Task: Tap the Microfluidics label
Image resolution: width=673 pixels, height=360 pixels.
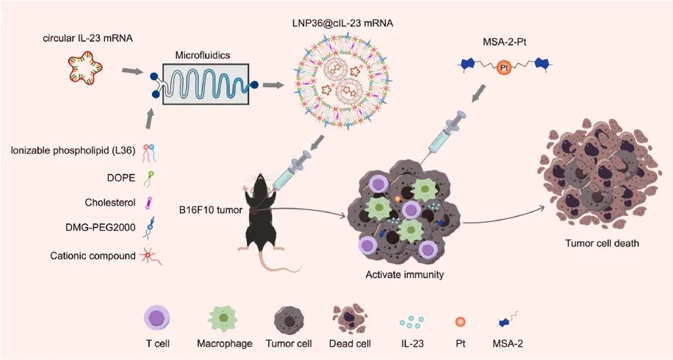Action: (x=203, y=55)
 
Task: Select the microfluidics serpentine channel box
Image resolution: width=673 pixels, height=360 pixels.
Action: (x=206, y=84)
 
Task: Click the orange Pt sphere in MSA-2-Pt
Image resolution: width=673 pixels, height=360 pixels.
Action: (x=504, y=68)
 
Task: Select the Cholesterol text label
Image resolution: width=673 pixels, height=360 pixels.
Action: (x=110, y=203)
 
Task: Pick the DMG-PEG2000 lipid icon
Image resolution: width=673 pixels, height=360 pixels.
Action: (x=149, y=228)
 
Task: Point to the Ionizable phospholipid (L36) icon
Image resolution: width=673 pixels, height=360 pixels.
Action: (x=149, y=153)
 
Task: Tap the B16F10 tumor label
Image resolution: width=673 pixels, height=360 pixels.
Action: (x=211, y=210)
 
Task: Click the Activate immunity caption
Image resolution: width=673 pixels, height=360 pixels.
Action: (x=404, y=274)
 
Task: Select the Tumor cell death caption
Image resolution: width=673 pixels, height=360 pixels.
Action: (x=602, y=243)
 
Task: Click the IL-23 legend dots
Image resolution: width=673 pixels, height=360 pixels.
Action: (x=412, y=323)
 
